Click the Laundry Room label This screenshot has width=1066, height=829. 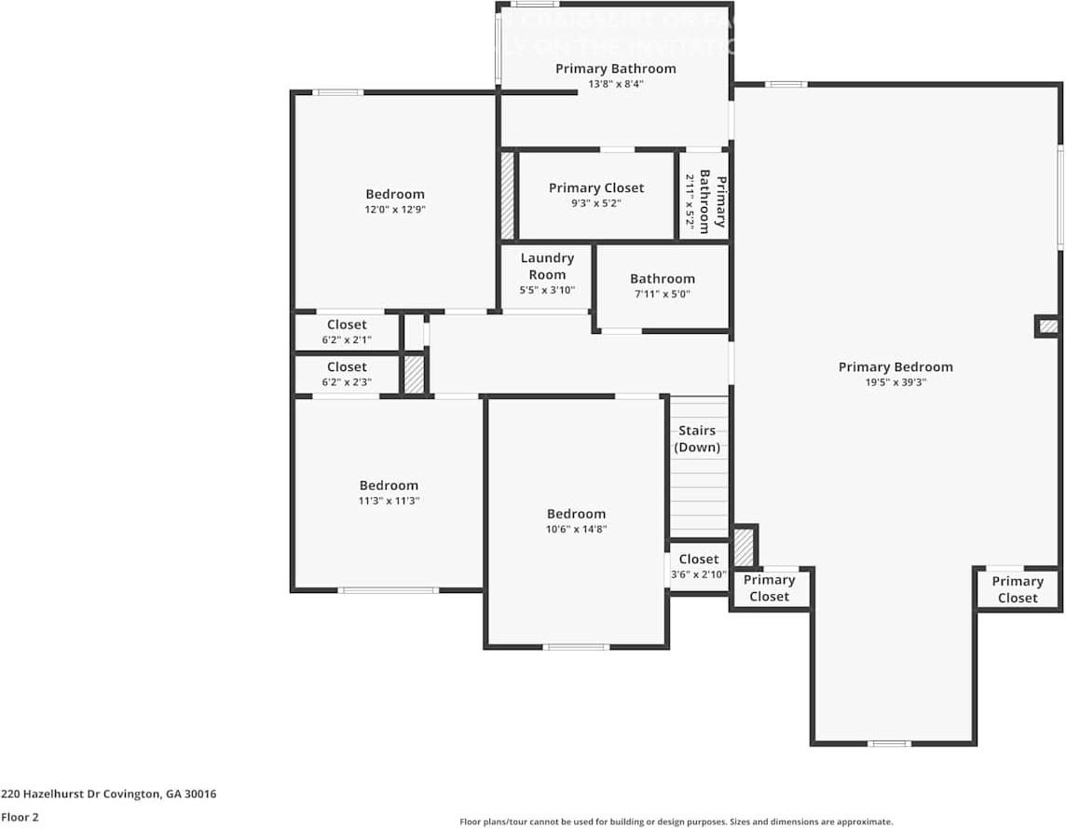[547, 266]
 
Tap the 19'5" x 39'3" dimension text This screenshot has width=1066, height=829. [895, 381]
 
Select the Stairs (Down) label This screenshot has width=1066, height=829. [697, 438]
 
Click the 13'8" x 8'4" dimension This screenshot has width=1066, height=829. [615, 84]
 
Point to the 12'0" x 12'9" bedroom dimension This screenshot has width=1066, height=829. [394, 210]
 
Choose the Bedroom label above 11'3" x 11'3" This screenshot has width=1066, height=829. [389, 485]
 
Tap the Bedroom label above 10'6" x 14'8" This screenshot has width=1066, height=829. [576, 514]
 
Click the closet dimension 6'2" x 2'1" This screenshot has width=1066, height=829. [347, 339]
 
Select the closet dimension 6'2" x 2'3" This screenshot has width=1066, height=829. [347, 381]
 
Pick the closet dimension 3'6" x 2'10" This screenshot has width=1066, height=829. [698, 574]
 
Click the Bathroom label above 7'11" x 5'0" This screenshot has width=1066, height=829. [662, 279]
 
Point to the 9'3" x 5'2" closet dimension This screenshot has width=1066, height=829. [595, 202]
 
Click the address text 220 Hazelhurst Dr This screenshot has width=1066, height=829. [108, 794]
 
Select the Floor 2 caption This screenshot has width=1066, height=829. [20, 817]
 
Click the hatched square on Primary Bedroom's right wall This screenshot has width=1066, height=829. [1048, 326]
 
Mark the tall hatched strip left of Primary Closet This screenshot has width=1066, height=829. [508, 196]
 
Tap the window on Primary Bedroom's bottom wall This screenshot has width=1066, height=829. [889, 743]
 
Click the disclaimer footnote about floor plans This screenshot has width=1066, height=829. [676, 822]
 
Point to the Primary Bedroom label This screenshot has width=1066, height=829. [895, 366]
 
